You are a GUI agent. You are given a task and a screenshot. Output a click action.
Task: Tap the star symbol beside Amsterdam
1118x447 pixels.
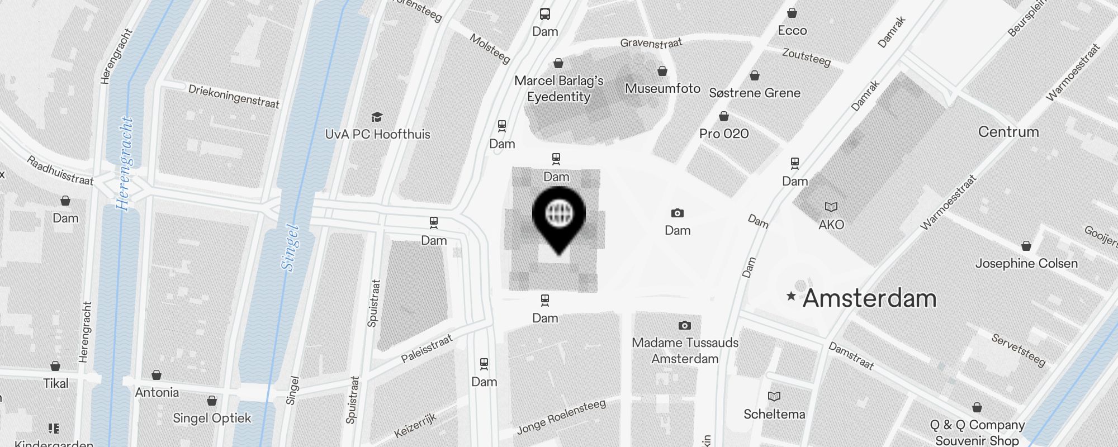[x=791, y=296]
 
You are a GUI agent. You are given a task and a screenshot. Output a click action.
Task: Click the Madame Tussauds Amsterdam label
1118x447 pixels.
[x=685, y=350]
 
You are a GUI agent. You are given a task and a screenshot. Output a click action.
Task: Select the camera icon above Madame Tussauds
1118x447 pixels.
[x=684, y=325]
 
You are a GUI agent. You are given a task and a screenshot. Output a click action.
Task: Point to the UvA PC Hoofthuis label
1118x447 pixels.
[x=378, y=134]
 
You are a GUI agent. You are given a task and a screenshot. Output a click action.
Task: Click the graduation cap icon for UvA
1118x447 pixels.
[x=377, y=117]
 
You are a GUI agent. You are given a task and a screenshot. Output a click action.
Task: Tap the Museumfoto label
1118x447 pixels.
[x=662, y=88]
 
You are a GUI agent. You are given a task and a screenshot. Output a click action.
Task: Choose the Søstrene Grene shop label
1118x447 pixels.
[x=755, y=93]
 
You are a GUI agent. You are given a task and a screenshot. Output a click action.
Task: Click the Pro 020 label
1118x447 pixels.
[x=724, y=134]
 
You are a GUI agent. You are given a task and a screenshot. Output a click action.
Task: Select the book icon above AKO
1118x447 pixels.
[x=831, y=207]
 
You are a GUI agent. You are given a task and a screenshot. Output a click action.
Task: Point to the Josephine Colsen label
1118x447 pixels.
[x=1026, y=263]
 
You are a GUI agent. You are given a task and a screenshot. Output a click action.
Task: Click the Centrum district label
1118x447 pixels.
[x=1008, y=132]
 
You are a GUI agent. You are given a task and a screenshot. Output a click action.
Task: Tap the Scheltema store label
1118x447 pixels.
[x=774, y=414]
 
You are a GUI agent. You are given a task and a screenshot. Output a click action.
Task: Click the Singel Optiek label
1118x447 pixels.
[x=212, y=418]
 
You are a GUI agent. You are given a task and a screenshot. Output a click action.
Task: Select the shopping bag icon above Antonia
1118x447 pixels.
[x=157, y=374]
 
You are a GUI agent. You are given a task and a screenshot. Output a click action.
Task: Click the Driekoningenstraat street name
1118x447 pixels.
[x=234, y=96]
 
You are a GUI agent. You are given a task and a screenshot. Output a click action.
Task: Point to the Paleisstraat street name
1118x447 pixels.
[x=427, y=349]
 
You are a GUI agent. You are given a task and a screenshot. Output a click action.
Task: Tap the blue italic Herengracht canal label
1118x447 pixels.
[x=125, y=163]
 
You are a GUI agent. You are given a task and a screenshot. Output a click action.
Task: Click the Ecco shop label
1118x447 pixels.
[x=792, y=30]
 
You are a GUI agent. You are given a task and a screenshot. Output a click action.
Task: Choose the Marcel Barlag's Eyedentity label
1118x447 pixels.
[x=558, y=88]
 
